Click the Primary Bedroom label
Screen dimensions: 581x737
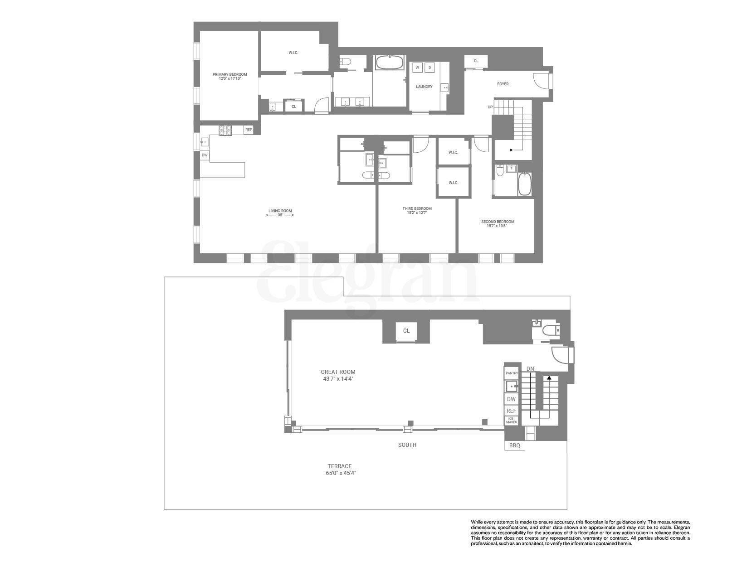pyautogui.click(x=230, y=74)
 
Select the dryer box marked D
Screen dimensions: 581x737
pyautogui.click(x=430, y=68)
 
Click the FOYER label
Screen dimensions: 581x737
pyautogui.click(x=503, y=84)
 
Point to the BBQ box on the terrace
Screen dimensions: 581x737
pyautogui.click(x=515, y=445)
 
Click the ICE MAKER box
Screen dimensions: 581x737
pyautogui.click(x=512, y=420)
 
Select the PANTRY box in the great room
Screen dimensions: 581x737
pyautogui.click(x=512, y=373)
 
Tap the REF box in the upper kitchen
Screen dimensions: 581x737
pyautogui.click(x=249, y=130)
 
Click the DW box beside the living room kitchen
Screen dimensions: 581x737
pyautogui.click(x=205, y=155)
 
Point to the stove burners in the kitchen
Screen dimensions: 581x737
pyautogui.click(x=225, y=131)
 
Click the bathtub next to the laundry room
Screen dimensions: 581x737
pyautogui.click(x=390, y=63)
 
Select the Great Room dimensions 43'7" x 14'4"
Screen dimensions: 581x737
pyautogui.click(x=338, y=378)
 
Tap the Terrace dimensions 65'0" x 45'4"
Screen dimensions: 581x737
pyautogui.click(x=340, y=473)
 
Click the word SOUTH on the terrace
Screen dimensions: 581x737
pyautogui.click(x=407, y=445)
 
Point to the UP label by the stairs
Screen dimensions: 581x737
pyautogui.click(x=490, y=107)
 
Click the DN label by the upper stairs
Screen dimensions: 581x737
pyautogui.click(x=530, y=368)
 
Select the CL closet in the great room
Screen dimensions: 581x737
pyautogui.click(x=406, y=331)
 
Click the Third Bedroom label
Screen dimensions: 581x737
pyautogui.click(x=417, y=208)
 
